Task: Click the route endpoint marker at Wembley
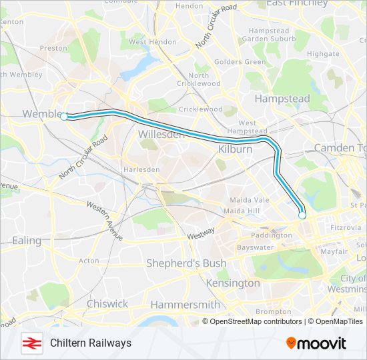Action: point(64,117)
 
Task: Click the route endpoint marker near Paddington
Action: point(302,215)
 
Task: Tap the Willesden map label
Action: point(160,135)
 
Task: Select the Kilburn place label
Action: point(236,149)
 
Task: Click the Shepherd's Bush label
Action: point(186,263)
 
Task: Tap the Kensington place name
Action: point(233,283)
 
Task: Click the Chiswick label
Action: point(107,303)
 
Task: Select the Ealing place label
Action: point(27,241)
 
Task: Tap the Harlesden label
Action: point(141,170)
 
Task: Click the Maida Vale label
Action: point(249,200)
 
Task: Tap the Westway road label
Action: point(201,233)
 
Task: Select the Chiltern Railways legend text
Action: point(91,343)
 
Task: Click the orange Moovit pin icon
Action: point(291,343)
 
